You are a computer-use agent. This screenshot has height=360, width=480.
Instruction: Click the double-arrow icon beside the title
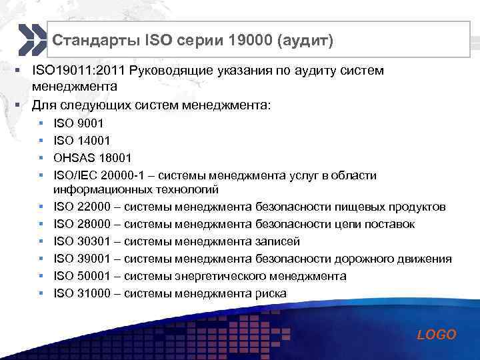30,40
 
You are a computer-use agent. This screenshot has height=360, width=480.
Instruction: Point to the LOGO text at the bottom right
437,335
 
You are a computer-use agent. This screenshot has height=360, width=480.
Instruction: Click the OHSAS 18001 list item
92,159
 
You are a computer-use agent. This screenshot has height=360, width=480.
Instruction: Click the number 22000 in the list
89,207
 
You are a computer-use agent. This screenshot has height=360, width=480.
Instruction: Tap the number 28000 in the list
89,224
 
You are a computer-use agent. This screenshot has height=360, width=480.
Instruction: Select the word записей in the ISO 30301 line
278,241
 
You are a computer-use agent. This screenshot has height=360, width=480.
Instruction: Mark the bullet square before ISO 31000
42,293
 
